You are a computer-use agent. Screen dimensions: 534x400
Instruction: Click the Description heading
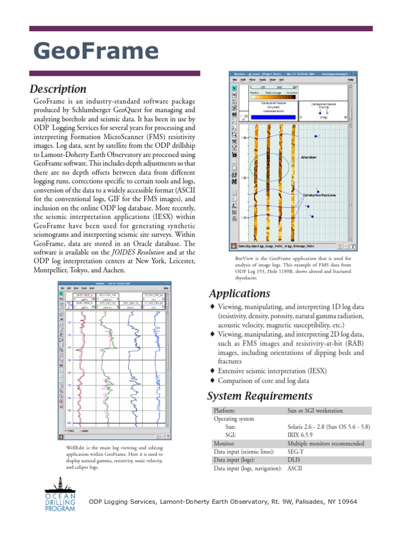tap(58, 89)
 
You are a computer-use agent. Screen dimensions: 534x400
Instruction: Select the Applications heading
tap(239, 293)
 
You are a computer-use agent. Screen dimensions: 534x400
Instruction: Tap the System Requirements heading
tap(260, 396)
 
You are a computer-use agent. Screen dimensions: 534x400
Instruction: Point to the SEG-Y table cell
tap(297, 452)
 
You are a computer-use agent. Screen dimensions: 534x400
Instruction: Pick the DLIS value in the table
tap(294, 460)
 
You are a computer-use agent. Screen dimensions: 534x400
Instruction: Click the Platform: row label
tap(227, 410)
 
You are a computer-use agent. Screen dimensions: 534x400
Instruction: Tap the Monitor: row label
tap(227, 443)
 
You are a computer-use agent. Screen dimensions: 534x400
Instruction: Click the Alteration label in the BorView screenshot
tap(309, 157)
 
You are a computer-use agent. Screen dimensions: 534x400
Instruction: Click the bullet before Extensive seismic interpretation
tap(212, 371)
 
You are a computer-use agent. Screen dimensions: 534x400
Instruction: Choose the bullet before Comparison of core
tap(212, 381)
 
